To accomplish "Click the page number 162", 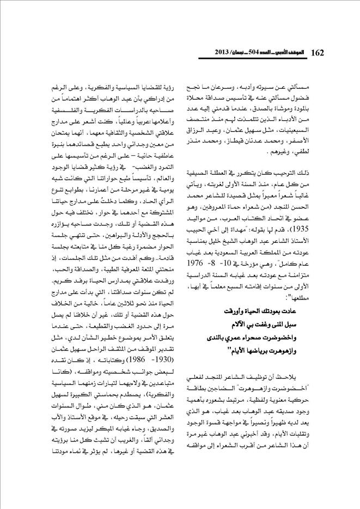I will coord(318,52).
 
